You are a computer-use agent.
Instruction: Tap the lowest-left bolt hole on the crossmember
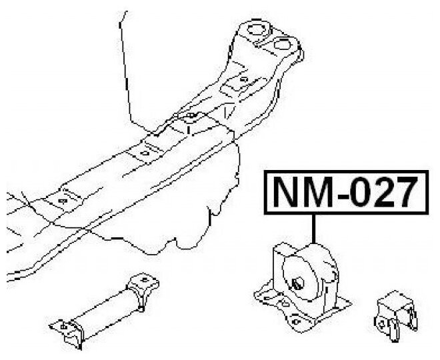pos(63,199)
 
